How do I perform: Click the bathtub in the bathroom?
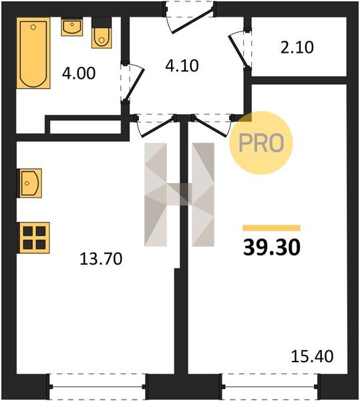tap(33, 53)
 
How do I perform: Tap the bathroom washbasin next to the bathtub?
tap(72, 27)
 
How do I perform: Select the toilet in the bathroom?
tap(102, 33)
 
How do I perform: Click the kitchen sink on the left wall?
tap(29, 183)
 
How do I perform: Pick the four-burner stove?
tap(33, 238)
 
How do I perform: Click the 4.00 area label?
tap(79, 74)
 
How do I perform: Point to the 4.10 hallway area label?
tap(182, 65)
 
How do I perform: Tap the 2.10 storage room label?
tap(297, 47)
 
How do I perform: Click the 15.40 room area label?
tap(312, 356)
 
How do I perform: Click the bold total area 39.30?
tap(272, 247)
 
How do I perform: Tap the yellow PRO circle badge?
tap(261, 143)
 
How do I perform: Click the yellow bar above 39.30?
tap(271, 228)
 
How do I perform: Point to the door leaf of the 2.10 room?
tap(238, 51)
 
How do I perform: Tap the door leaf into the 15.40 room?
tap(210, 126)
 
